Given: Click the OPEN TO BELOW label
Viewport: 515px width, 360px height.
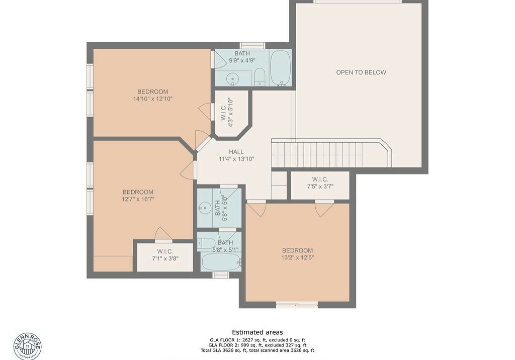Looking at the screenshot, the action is pyautogui.click(x=361, y=72).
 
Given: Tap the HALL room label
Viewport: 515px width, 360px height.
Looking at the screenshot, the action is pyautogui.click(x=236, y=152).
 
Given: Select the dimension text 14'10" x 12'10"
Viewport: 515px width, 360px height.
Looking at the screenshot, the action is pyautogui.click(x=153, y=99).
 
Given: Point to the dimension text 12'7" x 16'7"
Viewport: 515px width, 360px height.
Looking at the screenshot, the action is pyautogui.click(x=138, y=199).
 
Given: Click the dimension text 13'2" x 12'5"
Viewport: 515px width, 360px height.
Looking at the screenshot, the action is pyautogui.click(x=298, y=257).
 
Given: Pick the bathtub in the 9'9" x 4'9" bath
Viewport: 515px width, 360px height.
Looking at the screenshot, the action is pyautogui.click(x=281, y=68).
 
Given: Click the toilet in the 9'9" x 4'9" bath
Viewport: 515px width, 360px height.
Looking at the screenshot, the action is pyautogui.click(x=260, y=77).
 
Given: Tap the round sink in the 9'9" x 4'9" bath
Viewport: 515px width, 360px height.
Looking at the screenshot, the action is pyautogui.click(x=233, y=79).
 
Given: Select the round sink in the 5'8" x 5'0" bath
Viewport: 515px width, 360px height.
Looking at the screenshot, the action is pyautogui.click(x=205, y=208).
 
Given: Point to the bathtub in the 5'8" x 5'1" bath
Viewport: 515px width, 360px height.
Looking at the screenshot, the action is pyautogui.click(x=221, y=262).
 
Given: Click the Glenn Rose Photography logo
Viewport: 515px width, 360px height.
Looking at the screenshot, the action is pyautogui.click(x=28, y=346).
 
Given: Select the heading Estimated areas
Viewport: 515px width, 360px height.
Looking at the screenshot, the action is pyautogui.click(x=257, y=332).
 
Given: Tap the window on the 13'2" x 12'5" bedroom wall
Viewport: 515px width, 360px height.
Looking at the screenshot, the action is pyautogui.click(x=297, y=305).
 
